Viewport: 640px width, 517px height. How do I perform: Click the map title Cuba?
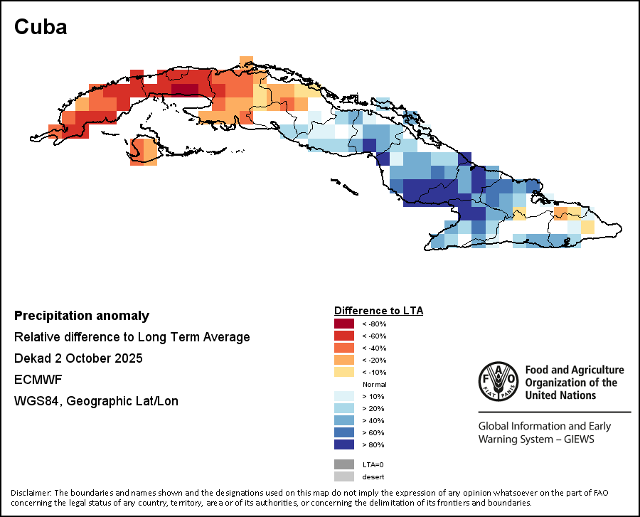(x=41, y=27)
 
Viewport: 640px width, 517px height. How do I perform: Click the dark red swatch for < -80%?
(x=344, y=324)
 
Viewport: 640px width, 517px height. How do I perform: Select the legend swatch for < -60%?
(x=344, y=336)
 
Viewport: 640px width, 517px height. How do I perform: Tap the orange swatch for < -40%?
(x=344, y=348)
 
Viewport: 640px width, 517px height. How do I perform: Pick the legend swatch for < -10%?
(x=344, y=373)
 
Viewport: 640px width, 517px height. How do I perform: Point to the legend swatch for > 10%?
(x=344, y=396)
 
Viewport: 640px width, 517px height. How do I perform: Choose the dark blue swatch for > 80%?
(x=344, y=444)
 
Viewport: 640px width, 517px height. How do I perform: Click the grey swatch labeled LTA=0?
(x=344, y=464)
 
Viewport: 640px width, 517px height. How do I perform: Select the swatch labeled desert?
(x=344, y=476)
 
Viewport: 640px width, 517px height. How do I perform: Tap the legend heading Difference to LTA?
(x=378, y=311)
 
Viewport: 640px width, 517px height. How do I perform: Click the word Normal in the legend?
(x=374, y=384)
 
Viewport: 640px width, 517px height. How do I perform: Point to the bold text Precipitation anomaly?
(x=82, y=316)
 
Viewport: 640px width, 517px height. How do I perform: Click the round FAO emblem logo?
(x=498, y=381)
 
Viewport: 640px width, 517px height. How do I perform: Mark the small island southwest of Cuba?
(x=144, y=151)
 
